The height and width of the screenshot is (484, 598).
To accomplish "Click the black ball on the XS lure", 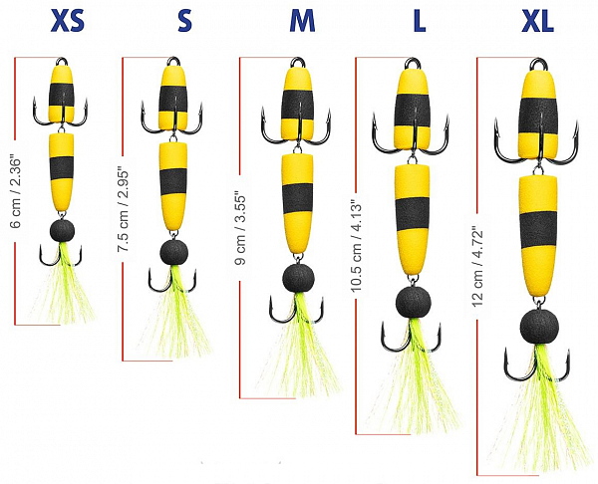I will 64,231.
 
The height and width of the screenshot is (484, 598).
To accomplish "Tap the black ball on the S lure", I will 176,250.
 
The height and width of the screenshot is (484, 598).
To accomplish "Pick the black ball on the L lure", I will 413,297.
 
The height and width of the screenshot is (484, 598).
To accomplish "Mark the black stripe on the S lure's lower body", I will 177,179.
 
